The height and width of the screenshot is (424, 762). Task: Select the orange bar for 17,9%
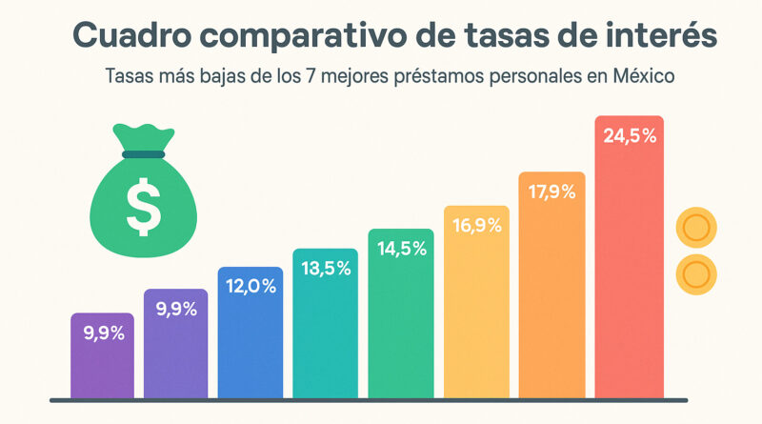553,286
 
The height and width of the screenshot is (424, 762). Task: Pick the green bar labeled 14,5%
401,314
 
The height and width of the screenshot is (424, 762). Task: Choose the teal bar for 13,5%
326,324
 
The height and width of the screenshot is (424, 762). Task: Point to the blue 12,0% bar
251,333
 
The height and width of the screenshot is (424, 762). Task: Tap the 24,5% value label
630,136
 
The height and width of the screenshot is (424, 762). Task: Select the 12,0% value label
251,286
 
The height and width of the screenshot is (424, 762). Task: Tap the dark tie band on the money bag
142,154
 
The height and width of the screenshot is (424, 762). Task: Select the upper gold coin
695,229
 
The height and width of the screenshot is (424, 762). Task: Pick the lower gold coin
695,274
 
